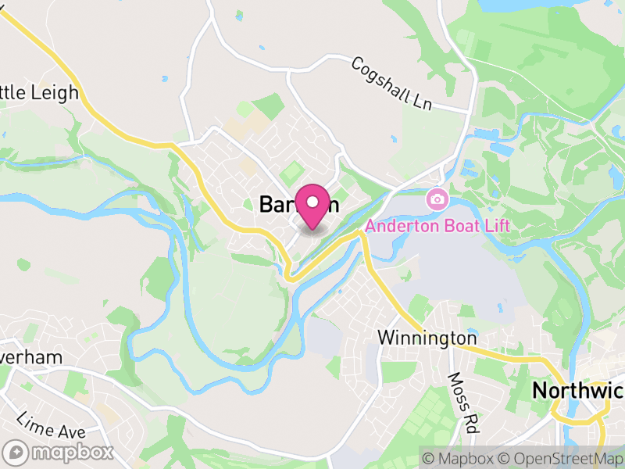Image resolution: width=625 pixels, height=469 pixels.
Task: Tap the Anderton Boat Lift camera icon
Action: pos(437,199)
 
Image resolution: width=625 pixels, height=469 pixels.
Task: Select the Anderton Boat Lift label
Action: pos(437,226)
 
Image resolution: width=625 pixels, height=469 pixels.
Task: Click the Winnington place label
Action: pos(427,338)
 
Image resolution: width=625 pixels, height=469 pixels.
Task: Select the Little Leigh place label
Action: pos(39,93)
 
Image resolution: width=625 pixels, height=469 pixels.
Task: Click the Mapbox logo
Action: pos(59,452)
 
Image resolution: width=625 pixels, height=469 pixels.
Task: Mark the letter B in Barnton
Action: pos(266,205)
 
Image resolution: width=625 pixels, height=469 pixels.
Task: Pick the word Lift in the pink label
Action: pos(495,226)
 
